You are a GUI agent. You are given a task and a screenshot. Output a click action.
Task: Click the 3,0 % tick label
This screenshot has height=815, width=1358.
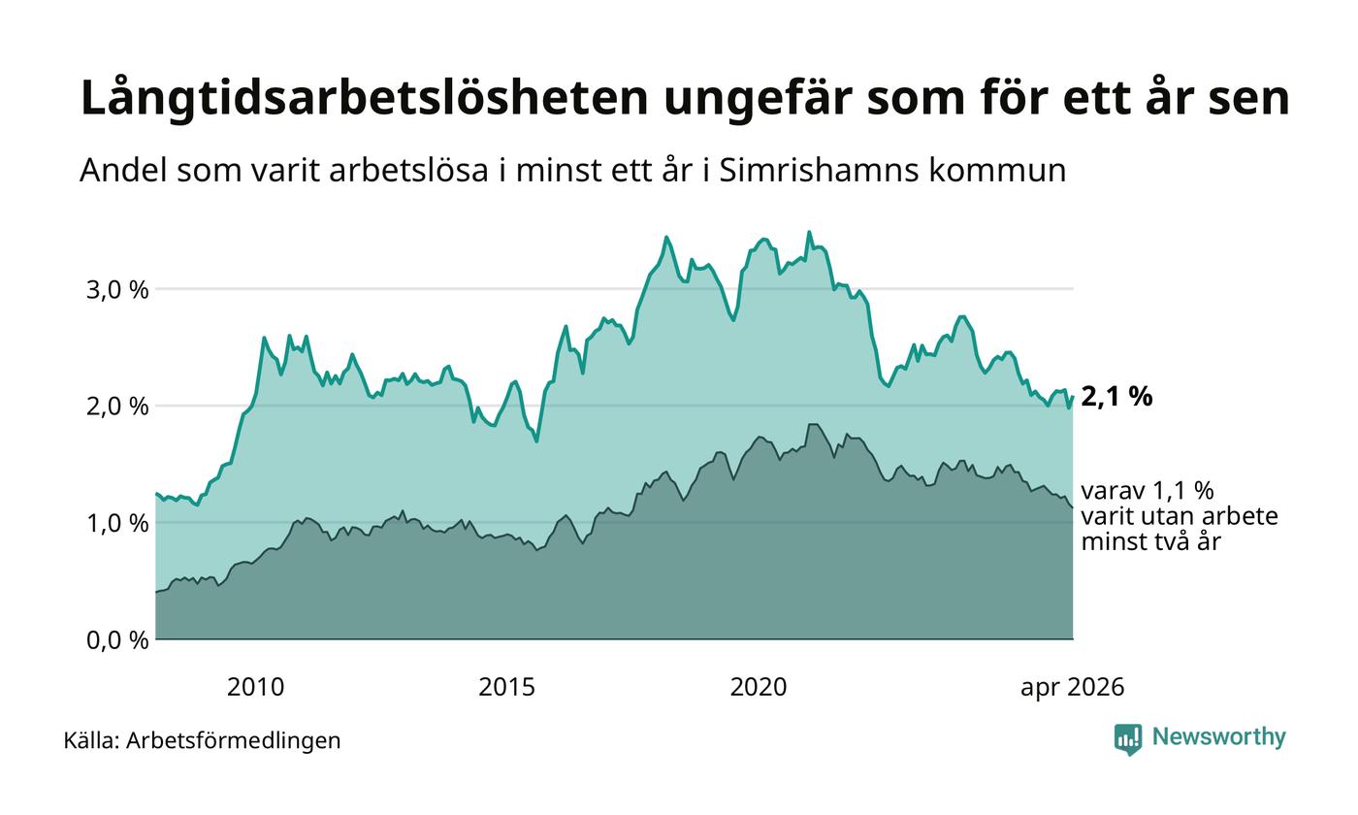click(117, 290)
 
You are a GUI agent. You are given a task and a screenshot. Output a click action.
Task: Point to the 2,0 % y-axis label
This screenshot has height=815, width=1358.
click(117, 407)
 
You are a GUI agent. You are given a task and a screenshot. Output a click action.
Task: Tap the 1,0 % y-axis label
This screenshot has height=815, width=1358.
click(117, 523)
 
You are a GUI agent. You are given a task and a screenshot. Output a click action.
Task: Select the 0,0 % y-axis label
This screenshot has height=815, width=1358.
click(117, 639)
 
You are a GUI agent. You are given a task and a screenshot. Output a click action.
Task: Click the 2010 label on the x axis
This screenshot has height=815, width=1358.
click(255, 687)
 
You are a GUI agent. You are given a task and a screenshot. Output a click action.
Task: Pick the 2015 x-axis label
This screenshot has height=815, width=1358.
click(506, 687)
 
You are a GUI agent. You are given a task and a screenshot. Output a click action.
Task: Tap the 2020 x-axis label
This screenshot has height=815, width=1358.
click(759, 687)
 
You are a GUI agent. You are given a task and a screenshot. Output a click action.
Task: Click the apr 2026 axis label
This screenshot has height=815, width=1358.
click(1073, 688)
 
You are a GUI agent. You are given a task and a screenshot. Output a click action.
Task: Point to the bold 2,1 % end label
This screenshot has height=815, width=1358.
click(1116, 397)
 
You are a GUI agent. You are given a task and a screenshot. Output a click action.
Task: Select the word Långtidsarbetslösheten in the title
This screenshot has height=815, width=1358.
click(365, 98)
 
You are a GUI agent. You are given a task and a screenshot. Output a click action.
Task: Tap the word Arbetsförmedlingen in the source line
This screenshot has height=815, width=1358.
click(234, 741)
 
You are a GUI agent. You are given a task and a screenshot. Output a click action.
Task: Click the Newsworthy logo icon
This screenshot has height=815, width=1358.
click(1128, 739)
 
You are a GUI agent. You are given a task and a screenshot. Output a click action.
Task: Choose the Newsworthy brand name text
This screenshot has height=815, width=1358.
click(1218, 736)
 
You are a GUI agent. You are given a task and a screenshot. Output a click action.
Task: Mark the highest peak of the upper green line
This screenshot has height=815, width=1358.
click(809, 232)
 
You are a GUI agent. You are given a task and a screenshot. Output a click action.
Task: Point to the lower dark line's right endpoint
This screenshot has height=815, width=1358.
click(1073, 506)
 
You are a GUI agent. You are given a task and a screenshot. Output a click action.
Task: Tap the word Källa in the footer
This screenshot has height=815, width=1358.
click(91, 740)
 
